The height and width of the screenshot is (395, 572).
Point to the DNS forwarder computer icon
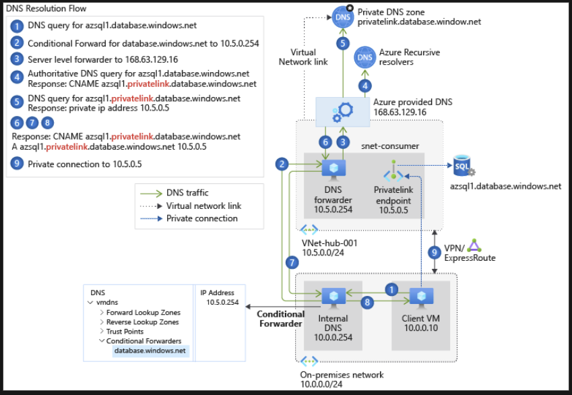point(333,168)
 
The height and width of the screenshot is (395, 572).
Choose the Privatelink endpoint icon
point(392,169)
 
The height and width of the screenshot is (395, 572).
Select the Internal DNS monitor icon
point(333,297)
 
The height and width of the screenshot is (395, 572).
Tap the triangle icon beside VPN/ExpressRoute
point(475,245)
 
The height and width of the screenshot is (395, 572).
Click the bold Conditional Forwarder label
point(281,319)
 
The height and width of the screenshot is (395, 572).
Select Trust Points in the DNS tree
point(125,332)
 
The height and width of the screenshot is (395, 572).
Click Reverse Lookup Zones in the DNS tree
point(143,322)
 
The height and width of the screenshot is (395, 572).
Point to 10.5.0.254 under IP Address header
point(217,303)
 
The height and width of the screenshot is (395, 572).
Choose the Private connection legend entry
point(201,218)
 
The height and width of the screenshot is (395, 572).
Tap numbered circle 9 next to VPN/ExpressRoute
point(435,253)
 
